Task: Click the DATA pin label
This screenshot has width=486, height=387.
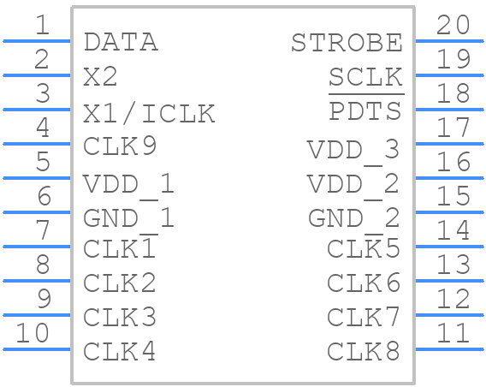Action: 121,42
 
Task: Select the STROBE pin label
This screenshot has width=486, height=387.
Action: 347,43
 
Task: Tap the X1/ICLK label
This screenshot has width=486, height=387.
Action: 149,114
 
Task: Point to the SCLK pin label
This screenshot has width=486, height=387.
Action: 365,77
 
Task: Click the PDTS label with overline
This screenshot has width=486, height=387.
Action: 365,110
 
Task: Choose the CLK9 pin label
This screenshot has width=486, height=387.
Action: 120,146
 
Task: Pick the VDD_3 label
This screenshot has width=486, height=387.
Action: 353,151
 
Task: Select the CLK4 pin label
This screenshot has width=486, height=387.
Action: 119,351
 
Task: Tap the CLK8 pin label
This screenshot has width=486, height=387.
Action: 364,351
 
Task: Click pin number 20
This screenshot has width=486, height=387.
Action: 453,25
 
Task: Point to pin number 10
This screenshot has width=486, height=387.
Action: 33,333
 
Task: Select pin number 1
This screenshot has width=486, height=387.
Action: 43,25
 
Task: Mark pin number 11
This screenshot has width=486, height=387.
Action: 453,333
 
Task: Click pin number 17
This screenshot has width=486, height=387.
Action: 453,127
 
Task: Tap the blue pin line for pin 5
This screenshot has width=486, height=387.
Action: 37,178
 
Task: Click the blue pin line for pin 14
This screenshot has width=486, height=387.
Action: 449,247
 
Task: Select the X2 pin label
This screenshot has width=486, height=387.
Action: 100,76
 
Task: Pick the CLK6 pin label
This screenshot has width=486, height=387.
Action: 364,283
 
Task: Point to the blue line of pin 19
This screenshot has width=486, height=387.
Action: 449,75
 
